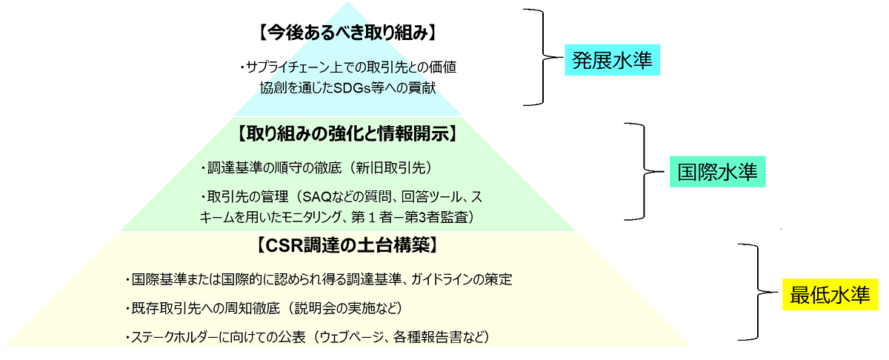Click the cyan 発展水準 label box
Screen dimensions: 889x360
coord(613,60)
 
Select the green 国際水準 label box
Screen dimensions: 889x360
coord(718,171)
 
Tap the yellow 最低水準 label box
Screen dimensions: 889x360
coord(830,295)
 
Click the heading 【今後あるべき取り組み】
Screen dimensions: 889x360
coord(347,33)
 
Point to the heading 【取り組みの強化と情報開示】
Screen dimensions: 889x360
coord(347,134)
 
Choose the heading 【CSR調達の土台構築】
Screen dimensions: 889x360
coord(347,245)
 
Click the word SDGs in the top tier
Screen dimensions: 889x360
coord(352,87)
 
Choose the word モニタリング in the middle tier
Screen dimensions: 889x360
coord(310,217)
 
